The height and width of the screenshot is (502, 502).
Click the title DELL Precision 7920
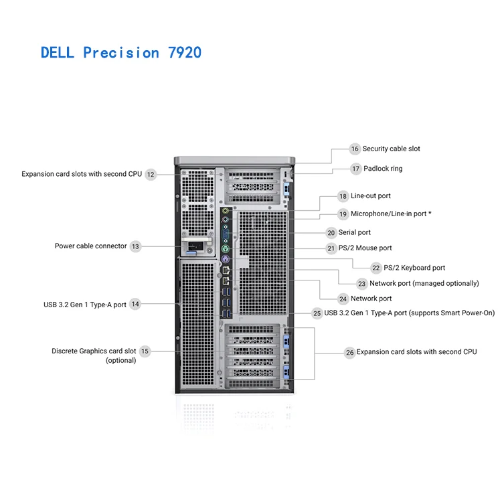point(120,52)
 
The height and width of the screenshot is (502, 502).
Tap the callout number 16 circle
point(355,149)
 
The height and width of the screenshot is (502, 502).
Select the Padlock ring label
point(383,169)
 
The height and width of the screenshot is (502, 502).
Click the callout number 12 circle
point(151,175)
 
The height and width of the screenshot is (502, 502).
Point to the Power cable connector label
point(90,246)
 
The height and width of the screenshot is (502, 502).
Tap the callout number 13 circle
point(136,246)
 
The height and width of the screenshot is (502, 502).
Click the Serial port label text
point(354,233)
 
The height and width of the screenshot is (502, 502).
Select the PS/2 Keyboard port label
point(414,268)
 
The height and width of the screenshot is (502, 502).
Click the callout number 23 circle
point(362,284)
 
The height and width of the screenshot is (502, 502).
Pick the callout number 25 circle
point(317,313)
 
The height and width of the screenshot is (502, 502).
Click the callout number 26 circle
point(349,352)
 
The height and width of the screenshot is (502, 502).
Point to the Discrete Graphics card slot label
point(94,355)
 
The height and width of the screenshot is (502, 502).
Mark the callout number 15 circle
point(145,351)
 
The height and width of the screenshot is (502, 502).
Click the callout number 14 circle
point(135,305)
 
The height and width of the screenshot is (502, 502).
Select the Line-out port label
point(371,196)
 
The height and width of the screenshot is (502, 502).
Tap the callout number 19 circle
point(343,214)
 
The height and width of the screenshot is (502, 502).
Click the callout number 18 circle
point(343,197)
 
